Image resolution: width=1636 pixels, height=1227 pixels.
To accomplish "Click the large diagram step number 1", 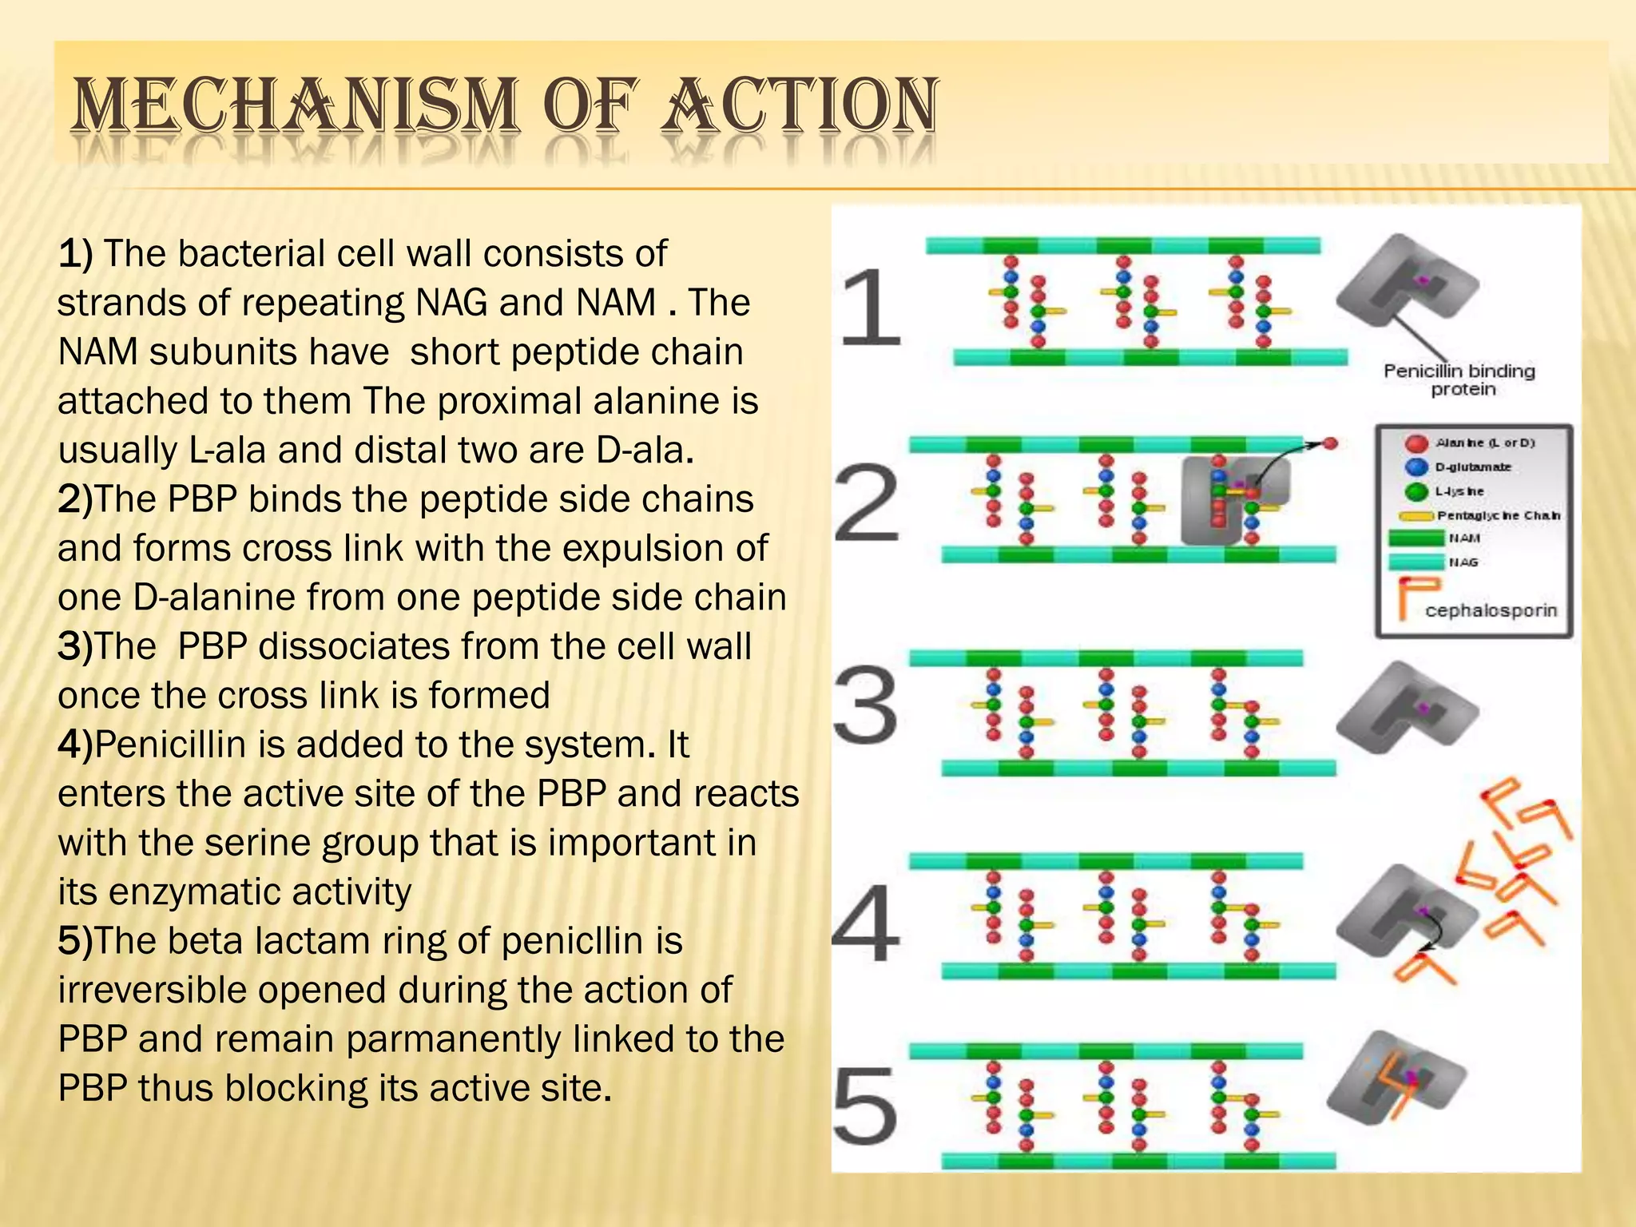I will coord(870,308).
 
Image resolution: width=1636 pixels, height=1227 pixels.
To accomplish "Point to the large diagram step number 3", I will coord(866,706).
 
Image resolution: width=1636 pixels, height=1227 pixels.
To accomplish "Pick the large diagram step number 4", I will coord(866,923).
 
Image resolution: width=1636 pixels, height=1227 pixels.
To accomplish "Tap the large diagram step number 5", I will coord(866,1107).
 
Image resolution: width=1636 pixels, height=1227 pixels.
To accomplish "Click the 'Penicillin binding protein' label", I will coord(1459,380).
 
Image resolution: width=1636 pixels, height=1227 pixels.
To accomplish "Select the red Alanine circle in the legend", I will coord(1416,443).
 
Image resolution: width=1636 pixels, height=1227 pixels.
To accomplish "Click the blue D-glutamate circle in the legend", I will coord(1416,467).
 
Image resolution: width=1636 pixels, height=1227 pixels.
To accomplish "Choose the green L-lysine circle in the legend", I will coord(1416,491).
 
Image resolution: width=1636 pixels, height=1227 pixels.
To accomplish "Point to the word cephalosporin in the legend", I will coord(1491,611).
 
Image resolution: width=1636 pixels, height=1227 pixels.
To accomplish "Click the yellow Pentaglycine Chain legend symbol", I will coord(1415,516).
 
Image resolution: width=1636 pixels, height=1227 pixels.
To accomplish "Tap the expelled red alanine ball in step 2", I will coord(1330,443).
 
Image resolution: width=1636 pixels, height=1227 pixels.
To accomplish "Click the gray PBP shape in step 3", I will coord(1406,707).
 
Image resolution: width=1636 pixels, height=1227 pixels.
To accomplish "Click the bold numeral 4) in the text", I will coord(75,745).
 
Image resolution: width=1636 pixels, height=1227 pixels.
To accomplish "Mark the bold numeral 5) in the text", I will coord(75,941).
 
